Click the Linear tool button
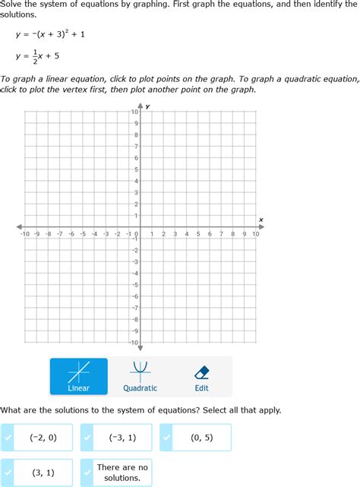coord(79,376)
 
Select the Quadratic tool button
coord(140,376)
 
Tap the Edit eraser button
coord(201,376)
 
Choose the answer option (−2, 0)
coord(37,438)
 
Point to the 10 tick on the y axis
coord(134,112)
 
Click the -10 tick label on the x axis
coord(24,234)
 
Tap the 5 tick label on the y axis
coord(135,169)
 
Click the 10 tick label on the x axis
coord(256,234)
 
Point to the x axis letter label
coord(261,220)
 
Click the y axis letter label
coord(147,106)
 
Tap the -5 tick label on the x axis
coord(82,234)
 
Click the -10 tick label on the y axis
coord(133,343)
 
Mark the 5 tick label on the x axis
coord(197,234)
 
